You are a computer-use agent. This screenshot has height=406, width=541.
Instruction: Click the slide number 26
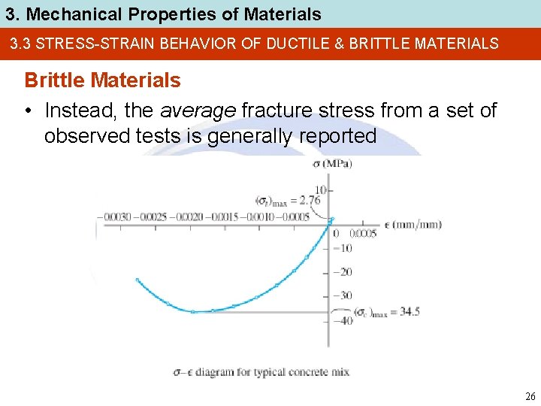pos(530,396)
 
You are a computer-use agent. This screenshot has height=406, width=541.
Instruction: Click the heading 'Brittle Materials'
pos(103,80)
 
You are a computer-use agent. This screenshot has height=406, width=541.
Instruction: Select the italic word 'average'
pos(198,111)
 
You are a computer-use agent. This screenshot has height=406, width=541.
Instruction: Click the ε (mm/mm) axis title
pos(413,224)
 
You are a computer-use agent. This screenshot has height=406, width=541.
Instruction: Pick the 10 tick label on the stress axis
pos(321,189)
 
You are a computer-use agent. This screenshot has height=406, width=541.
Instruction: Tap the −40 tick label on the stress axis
pos(342,321)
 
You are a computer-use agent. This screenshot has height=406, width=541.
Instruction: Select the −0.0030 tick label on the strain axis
pos(116,217)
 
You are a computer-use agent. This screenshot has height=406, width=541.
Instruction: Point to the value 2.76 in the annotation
pos(309,200)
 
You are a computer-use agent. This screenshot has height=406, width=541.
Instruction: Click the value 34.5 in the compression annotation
pos(410,312)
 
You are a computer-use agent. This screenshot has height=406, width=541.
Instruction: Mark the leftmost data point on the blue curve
pos(138,280)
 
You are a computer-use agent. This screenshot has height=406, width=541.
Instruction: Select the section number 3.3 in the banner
pos(20,44)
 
